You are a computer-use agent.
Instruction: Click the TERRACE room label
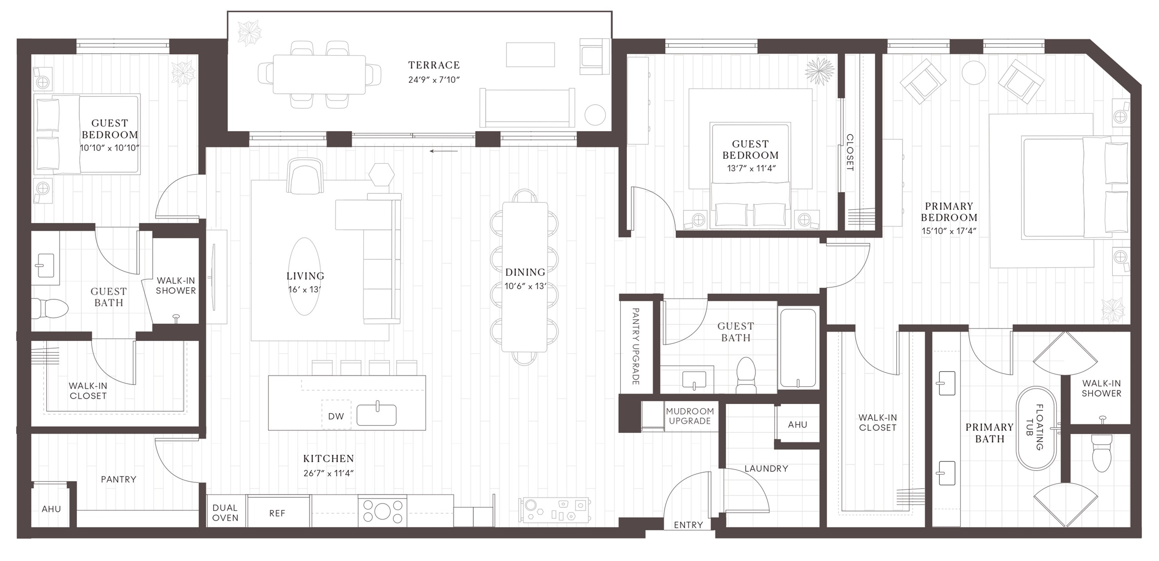[x=434, y=65]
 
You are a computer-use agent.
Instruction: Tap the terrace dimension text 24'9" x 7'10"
[x=434, y=80]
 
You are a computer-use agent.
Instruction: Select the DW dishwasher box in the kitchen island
[x=336, y=416]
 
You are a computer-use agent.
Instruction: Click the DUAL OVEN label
[x=225, y=512]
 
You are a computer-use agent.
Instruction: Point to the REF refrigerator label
[x=277, y=513]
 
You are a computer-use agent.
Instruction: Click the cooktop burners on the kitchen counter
[x=382, y=510]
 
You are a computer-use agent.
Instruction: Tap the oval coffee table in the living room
[x=305, y=276]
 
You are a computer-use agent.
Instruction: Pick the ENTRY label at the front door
[x=688, y=525]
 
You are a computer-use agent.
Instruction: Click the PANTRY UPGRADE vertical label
[x=636, y=346]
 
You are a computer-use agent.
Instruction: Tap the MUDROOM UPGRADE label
[x=690, y=416]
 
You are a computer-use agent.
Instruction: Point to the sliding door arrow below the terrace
[x=443, y=151]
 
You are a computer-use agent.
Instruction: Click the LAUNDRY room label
[x=766, y=468]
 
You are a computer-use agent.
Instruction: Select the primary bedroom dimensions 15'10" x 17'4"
[x=948, y=231]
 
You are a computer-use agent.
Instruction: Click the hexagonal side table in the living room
[x=381, y=174]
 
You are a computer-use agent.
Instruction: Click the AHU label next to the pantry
[x=51, y=509]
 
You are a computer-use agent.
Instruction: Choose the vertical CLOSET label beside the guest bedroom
[x=849, y=152]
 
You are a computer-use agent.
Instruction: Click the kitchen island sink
[x=376, y=414]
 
